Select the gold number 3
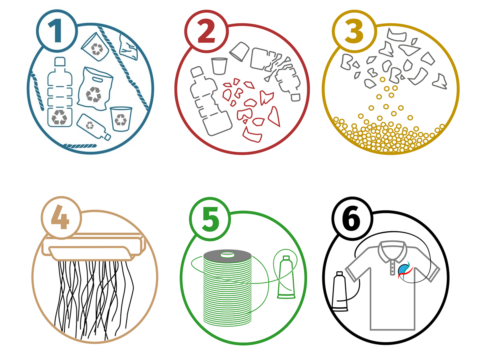click(354, 32)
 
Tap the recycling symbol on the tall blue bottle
click(60, 117)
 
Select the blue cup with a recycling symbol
click(120, 118)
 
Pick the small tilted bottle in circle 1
click(93, 127)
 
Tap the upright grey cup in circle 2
click(219, 66)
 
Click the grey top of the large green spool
click(226, 254)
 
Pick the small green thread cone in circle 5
click(286, 278)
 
